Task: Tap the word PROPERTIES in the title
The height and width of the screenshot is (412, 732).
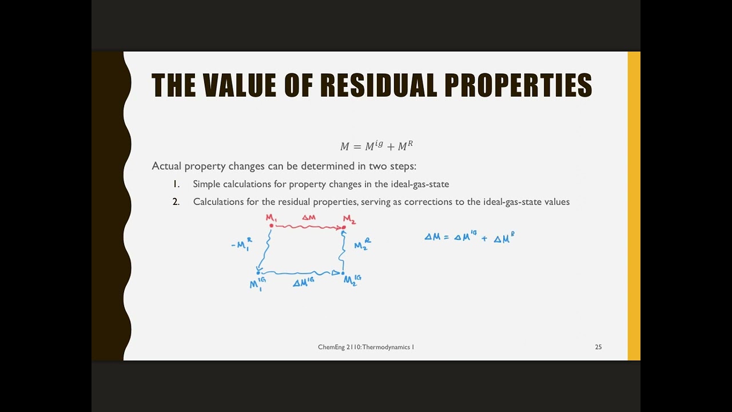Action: point(518,86)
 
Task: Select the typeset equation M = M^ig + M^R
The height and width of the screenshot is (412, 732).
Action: point(376,146)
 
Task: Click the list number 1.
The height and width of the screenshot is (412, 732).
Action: point(176,184)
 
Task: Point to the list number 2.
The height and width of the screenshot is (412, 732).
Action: point(176,202)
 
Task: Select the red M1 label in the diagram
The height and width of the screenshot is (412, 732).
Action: point(271,218)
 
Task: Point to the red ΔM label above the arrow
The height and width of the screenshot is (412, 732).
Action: point(309,217)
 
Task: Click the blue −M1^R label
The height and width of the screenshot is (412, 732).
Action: point(241,244)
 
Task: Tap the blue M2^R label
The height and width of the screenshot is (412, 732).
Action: point(362,244)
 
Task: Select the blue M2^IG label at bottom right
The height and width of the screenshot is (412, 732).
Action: point(352,280)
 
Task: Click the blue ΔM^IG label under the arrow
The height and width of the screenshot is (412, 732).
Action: point(303,282)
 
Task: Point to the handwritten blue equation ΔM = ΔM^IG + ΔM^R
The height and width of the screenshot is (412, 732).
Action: point(469,237)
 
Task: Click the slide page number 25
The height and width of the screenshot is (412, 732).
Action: point(598,347)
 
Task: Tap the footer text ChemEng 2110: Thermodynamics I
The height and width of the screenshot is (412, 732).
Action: point(366,347)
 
